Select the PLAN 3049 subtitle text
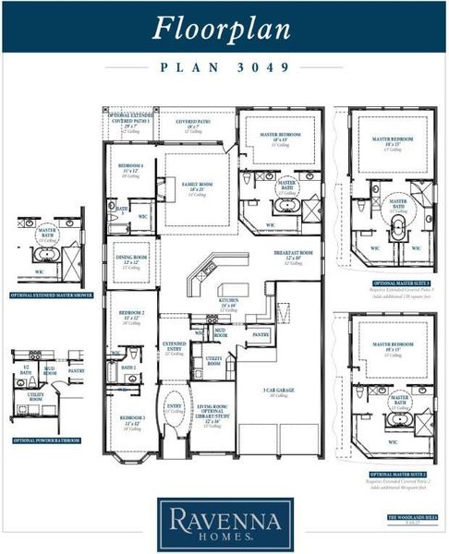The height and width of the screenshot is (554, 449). point(224,67)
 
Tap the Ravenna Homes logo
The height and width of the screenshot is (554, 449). point(224,522)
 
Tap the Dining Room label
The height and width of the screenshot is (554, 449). point(129,259)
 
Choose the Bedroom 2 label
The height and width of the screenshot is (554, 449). point(128,317)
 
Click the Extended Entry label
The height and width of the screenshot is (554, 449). point(175,347)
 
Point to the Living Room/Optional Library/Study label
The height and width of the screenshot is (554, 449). point(213,417)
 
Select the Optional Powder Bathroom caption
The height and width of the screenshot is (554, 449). point(46,440)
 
